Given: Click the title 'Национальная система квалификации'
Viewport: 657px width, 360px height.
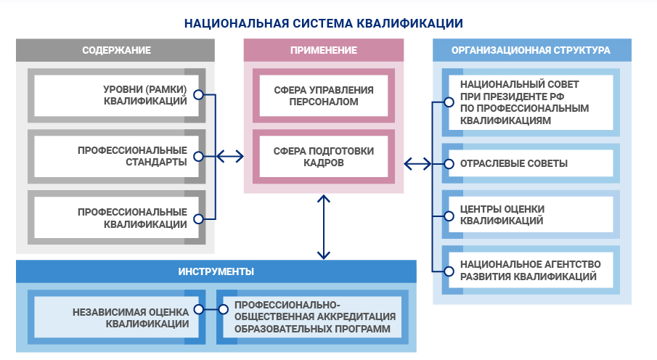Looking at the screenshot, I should [x=323, y=22].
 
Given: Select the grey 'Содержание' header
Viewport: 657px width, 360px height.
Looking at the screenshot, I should [x=116, y=50].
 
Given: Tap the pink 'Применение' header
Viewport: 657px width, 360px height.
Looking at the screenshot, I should [x=323, y=50].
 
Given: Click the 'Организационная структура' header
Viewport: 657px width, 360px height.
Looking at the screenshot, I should [x=531, y=50].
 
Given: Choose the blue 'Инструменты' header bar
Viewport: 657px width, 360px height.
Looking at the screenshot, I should [x=216, y=271].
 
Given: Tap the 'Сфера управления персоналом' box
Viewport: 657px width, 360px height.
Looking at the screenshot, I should [x=323, y=96].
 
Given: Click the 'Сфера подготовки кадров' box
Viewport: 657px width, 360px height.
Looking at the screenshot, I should [x=323, y=156].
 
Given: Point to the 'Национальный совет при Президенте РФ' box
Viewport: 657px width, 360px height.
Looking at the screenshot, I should [x=531, y=101].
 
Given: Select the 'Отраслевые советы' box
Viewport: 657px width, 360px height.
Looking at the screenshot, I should [x=531, y=163].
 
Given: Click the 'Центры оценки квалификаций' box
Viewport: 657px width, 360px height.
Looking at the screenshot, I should [x=531, y=215].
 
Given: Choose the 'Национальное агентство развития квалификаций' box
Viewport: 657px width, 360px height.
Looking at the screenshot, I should [x=531, y=270].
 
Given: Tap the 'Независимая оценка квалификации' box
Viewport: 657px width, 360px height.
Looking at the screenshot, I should [x=116, y=317].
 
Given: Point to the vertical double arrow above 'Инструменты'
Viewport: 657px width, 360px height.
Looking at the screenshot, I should [x=323, y=226].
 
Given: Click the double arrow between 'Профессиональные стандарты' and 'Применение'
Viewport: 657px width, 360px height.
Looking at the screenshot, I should [x=229, y=156].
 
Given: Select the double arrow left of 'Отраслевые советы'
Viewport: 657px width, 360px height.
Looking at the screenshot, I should [x=417, y=163].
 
